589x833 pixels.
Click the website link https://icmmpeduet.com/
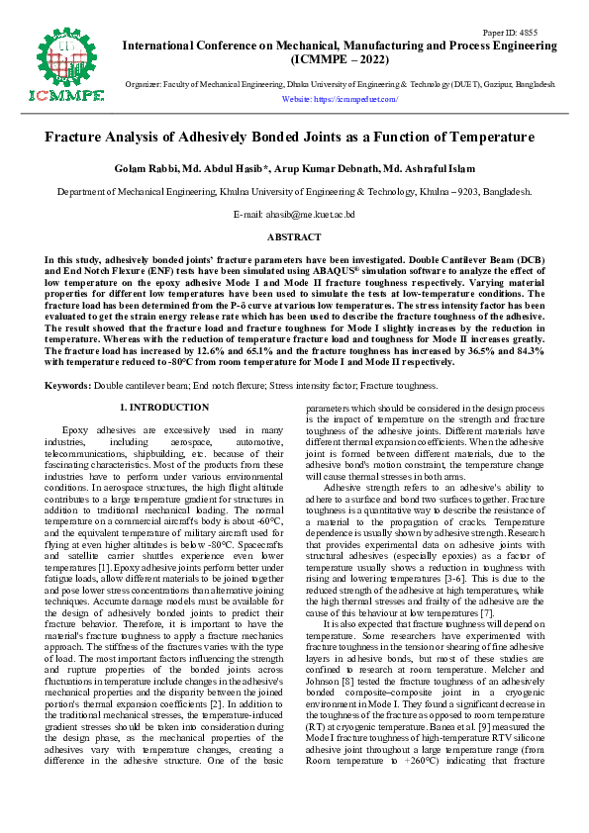[x=340, y=100]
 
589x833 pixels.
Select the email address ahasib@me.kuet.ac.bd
[x=294, y=214]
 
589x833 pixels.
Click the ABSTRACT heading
[x=294, y=237]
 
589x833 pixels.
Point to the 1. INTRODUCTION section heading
[x=163, y=407]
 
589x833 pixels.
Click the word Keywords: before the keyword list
[x=68, y=383]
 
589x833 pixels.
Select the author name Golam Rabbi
[x=146, y=168]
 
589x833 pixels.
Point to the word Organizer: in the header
[x=145, y=85]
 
